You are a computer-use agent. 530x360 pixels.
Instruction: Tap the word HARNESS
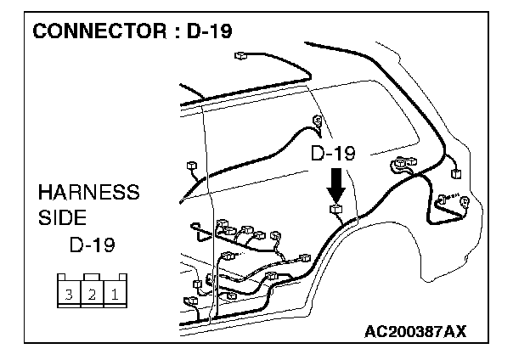[88, 192]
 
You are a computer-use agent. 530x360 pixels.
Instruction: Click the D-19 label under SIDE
[92, 245]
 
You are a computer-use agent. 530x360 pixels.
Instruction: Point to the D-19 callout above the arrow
[332, 154]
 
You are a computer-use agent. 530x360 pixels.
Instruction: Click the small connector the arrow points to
[336, 206]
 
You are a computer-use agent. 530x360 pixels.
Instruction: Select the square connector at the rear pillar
[457, 172]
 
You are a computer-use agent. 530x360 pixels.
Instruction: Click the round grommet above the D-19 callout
[319, 124]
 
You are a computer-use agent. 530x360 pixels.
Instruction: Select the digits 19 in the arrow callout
[344, 154]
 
